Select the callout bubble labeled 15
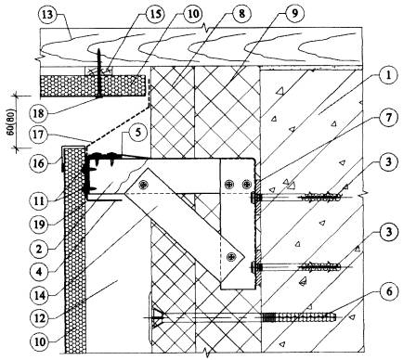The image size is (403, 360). pos(155,15)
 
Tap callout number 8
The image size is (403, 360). pos(242,14)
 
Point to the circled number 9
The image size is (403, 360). pos(295,14)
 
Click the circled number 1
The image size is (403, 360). pos(388,75)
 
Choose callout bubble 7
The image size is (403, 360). pos(388,118)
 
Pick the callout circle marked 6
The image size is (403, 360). pos(388,291)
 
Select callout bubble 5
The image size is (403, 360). pos(133,133)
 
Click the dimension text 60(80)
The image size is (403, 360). pos(11,122)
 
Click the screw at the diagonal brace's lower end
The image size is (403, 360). pos(231,256)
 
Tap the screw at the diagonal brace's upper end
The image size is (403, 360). pos(143,185)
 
